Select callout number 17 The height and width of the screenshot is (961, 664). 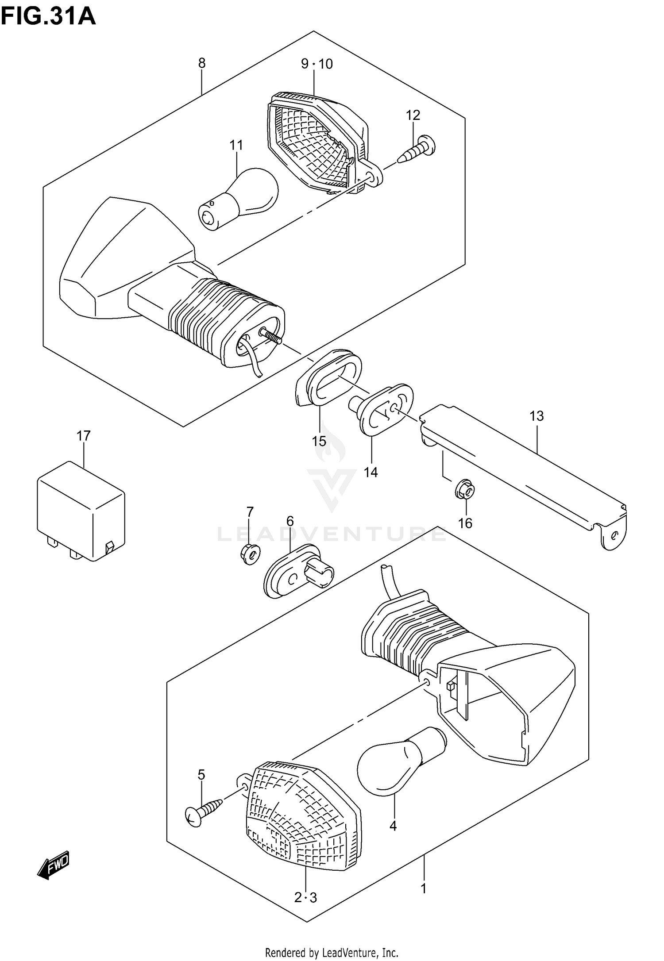[83, 436]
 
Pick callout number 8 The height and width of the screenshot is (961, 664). [202, 63]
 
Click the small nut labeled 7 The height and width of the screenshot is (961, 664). [251, 554]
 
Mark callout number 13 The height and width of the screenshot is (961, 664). [537, 416]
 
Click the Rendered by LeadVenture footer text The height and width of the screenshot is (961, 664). [332, 952]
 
